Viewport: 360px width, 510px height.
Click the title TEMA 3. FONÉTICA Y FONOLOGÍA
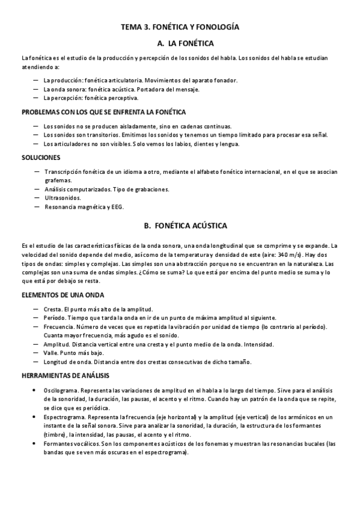[x=180, y=28]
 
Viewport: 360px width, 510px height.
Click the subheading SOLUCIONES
[x=41, y=158]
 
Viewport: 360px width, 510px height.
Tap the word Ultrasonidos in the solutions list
[x=62, y=198]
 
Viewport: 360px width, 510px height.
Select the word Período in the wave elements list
[x=55, y=318]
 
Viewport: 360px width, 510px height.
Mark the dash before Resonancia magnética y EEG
[x=37, y=207]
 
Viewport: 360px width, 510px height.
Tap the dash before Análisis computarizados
[x=37, y=189]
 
